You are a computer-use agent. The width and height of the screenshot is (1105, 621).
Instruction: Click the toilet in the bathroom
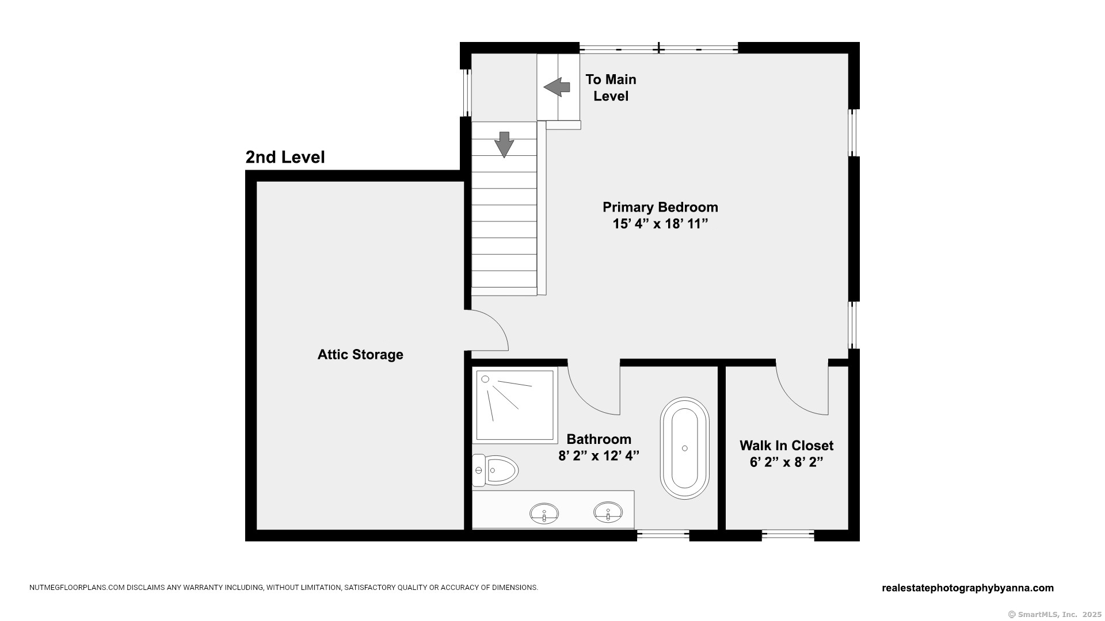pyautogui.click(x=495, y=470)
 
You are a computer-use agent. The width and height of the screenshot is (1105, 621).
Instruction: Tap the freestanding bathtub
pyautogui.click(x=684, y=448)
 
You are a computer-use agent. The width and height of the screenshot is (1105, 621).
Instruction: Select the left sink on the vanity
pyautogui.click(x=544, y=512)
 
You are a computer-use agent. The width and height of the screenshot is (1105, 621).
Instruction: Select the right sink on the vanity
pyautogui.click(x=608, y=512)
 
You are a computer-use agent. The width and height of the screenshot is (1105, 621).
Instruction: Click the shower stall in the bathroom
pyautogui.click(x=515, y=405)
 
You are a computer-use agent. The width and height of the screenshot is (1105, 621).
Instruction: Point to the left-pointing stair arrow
pyautogui.click(x=557, y=87)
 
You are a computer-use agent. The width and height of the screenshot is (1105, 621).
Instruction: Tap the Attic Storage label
pyautogui.click(x=360, y=354)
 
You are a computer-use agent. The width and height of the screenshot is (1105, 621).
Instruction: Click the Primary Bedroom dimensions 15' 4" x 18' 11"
pyautogui.click(x=660, y=224)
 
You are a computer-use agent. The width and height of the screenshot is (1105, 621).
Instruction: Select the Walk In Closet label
pyautogui.click(x=786, y=445)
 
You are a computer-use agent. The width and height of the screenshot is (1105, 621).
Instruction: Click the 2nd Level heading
pyautogui.click(x=285, y=157)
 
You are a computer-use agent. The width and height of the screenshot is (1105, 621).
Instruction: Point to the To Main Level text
pyautogui.click(x=611, y=87)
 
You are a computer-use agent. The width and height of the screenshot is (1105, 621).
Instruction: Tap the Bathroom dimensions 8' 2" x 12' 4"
pyautogui.click(x=599, y=456)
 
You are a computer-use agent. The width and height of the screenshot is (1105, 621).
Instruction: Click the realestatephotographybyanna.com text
pyautogui.click(x=967, y=588)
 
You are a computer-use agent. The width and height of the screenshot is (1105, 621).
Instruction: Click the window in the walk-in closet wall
pyautogui.click(x=788, y=535)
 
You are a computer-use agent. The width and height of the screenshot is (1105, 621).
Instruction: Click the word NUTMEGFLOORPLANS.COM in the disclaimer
pyautogui.click(x=77, y=588)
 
